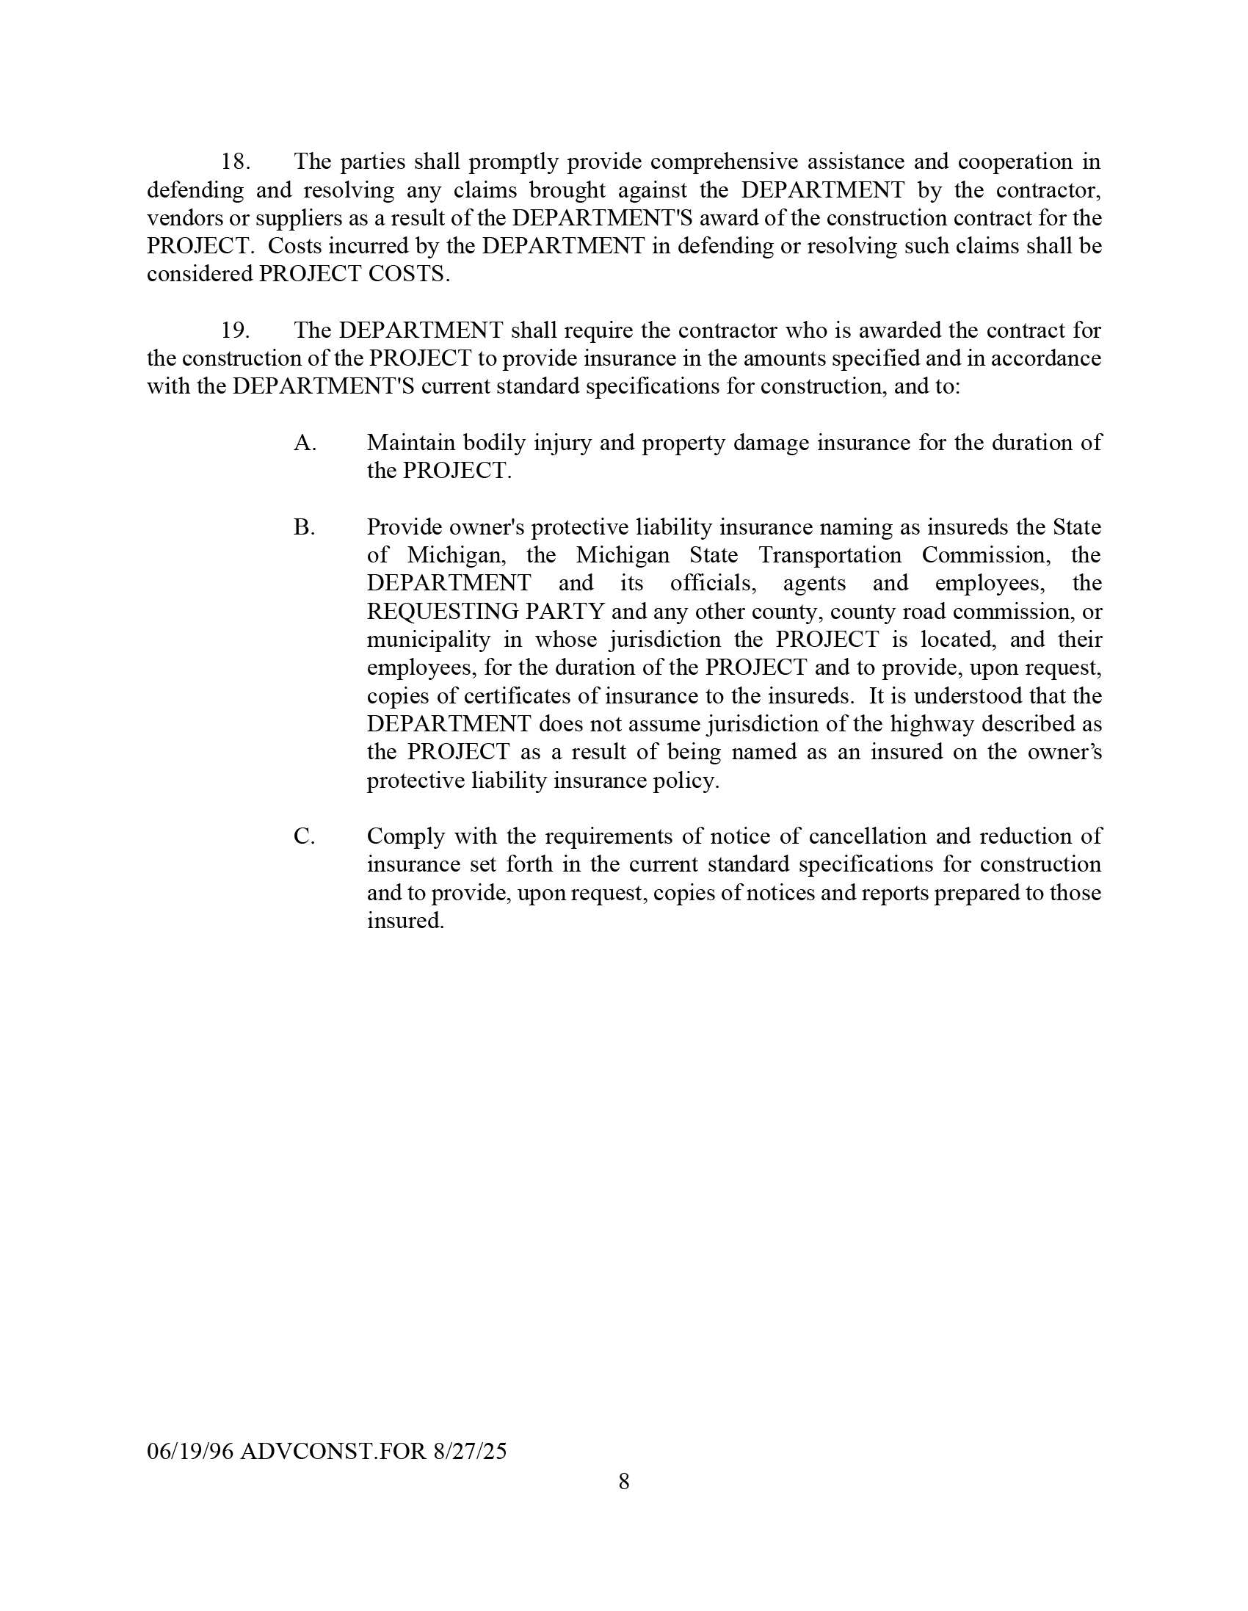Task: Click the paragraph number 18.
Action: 236,162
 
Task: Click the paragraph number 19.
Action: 236,330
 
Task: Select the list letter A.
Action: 305,443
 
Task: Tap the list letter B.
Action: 304,527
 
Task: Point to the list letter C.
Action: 304,836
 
